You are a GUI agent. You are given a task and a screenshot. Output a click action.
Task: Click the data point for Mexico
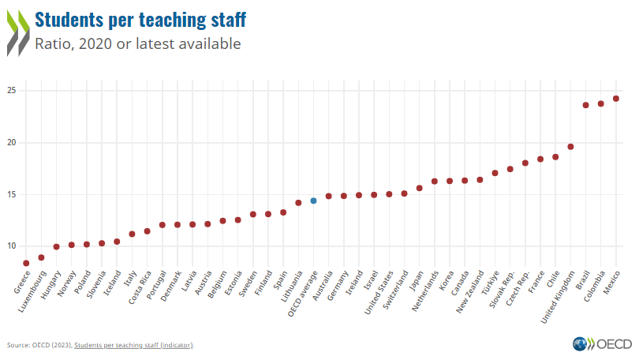pos(616,99)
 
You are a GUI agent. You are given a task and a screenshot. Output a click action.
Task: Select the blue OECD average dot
pos(313,201)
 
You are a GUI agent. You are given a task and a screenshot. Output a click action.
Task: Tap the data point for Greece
pos(26,263)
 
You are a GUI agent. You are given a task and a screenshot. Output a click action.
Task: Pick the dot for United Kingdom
pos(570,147)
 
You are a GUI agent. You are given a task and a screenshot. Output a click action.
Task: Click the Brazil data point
pos(585,105)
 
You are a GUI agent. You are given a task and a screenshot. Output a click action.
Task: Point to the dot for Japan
pos(419,188)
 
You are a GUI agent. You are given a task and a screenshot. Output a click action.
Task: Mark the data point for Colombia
pos(601,103)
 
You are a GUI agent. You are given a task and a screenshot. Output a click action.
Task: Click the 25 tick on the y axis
pos(11,91)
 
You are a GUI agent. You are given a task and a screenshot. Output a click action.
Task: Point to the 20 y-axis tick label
pos(11,143)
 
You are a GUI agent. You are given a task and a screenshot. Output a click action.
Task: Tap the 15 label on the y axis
pos(11,194)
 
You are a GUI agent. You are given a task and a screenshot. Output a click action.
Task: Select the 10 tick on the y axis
pos(11,246)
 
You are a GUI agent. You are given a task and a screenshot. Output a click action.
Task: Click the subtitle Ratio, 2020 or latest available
pos(138,44)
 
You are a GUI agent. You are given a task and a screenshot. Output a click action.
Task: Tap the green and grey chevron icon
pos(18,32)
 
